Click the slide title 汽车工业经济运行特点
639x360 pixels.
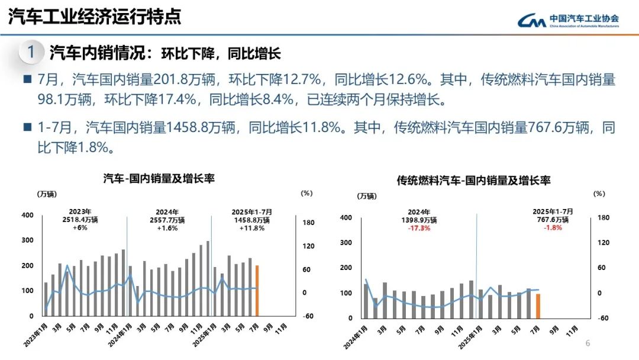pos(94,18)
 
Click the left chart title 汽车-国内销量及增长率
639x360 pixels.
pos(159,178)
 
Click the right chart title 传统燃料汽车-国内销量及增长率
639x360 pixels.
pos(473,181)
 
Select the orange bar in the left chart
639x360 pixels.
pos(257,291)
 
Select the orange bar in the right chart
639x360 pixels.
pos(538,306)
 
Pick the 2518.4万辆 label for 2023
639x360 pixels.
pos(79,220)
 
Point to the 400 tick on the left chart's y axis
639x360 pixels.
pos(27,216)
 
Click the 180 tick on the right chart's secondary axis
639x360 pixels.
pos(603,218)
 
